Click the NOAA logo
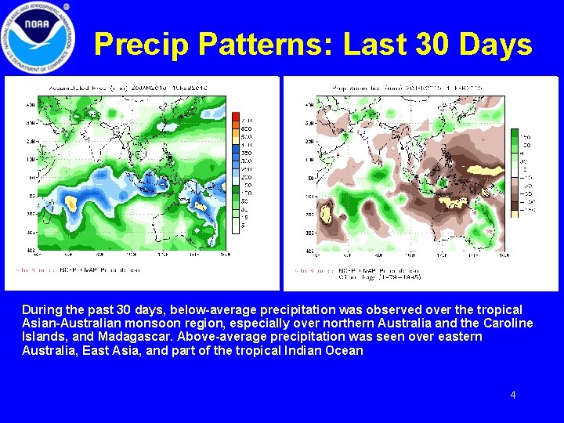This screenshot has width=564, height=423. tap(38, 38)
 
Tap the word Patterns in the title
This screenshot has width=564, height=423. tap(265, 45)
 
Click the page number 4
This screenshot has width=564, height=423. tap(513, 395)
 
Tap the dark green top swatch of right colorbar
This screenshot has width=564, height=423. tap(514, 134)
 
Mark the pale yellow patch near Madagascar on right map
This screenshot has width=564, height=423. tap(327, 211)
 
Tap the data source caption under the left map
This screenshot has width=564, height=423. tap(74, 270)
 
